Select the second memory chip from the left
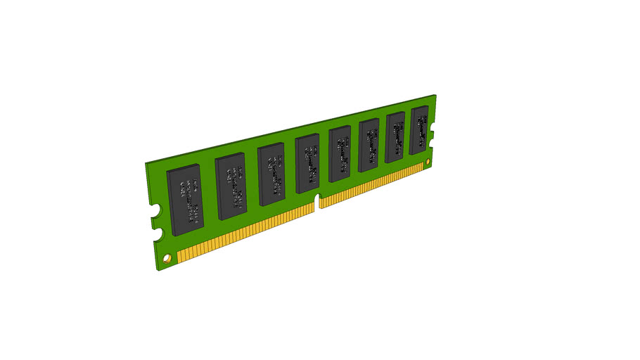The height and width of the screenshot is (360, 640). click(231, 186)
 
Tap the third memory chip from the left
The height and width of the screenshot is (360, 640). click(272, 174)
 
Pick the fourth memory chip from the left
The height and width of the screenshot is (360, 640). click(308, 163)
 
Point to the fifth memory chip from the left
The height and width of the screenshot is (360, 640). click(340, 154)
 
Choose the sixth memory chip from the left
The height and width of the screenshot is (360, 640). click(369, 146)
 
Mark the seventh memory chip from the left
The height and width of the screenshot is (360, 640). click(395, 138)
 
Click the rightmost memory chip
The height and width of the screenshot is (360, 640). click(419, 131)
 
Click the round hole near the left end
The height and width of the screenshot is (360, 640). click(167, 258)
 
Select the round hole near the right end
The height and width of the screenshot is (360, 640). click(428, 162)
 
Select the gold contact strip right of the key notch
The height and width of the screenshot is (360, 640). click(373, 186)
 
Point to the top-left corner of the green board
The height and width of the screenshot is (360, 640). click(146, 162)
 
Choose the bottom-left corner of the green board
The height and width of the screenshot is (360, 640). click(157, 270)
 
